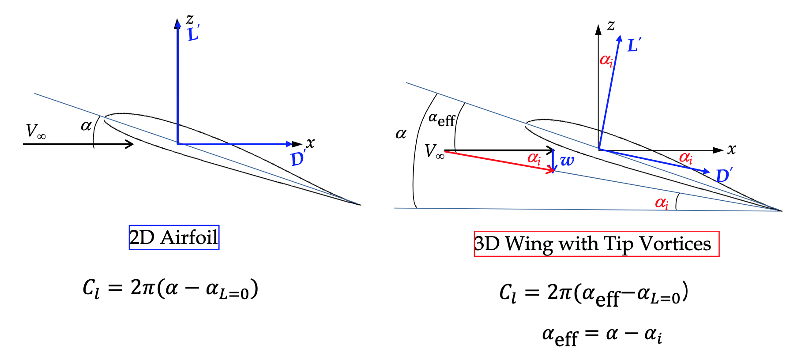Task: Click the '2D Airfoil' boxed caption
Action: [x=174, y=237]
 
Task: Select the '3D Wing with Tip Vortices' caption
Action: [x=596, y=244]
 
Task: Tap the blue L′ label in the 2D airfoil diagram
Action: [x=193, y=34]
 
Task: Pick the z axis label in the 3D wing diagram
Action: [x=611, y=25]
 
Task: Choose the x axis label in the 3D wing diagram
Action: [x=732, y=150]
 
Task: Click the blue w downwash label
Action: [x=567, y=161]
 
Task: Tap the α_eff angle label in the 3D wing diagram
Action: [x=441, y=119]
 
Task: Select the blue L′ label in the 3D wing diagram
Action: [x=634, y=45]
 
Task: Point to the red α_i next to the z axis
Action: [x=606, y=60]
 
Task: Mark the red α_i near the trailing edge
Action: [x=662, y=203]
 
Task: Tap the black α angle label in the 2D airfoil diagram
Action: [x=86, y=126]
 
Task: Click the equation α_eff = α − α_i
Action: [x=602, y=336]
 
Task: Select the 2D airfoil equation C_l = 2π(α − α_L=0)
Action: [x=170, y=289]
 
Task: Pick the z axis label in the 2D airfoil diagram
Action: [x=190, y=19]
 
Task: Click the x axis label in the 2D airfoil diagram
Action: [x=311, y=143]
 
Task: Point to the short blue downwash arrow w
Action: [x=553, y=161]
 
